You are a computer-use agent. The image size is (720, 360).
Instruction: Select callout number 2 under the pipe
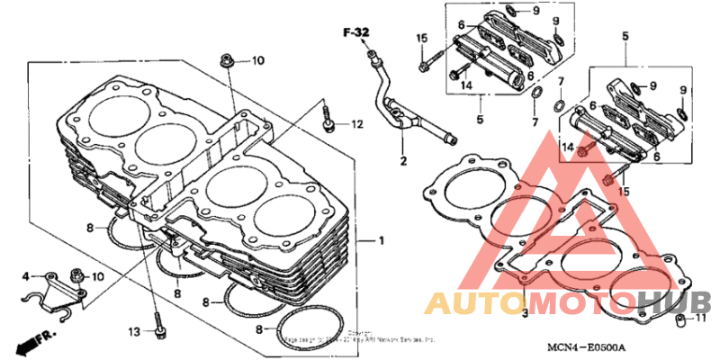click(525, 313)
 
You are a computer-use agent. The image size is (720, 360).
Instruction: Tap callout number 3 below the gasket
click(26, 275)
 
